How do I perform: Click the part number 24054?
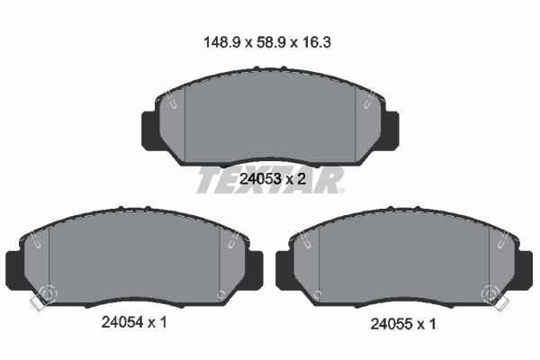115,322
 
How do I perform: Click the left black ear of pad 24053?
149,129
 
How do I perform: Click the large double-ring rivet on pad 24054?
47,293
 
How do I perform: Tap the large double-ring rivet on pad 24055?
491,293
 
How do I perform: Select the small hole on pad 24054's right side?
221,293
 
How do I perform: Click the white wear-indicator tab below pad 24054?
36,304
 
